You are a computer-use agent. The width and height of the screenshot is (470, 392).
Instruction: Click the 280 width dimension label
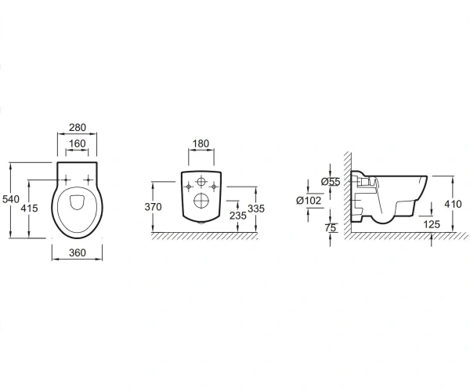tap(78, 128)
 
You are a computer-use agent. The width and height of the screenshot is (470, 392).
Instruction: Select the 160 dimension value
tap(78, 143)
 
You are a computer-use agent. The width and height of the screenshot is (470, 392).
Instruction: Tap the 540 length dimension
tap(11, 199)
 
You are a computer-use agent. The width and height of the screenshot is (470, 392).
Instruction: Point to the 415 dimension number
tap(30, 208)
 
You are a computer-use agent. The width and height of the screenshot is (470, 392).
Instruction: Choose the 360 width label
tap(78, 252)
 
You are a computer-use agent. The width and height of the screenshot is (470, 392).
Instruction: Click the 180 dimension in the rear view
tap(201, 143)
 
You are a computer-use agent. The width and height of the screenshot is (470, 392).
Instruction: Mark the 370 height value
tap(154, 207)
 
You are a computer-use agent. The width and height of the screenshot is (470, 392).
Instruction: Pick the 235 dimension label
tap(237, 216)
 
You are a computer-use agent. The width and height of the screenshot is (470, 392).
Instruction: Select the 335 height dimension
tap(256, 209)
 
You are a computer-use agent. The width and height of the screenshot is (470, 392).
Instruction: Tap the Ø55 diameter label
tap(331, 182)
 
